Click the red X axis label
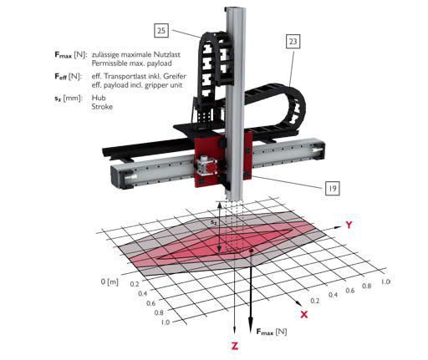(x=304, y=314)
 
